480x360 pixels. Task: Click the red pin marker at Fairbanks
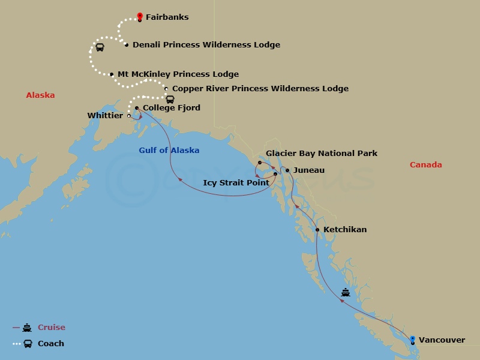140,16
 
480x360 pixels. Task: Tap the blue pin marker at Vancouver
412,340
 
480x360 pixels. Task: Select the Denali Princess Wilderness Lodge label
206,45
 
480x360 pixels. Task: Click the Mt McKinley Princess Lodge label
178,74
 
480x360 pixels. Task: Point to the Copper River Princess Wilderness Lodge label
260,89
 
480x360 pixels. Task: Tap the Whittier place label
105,115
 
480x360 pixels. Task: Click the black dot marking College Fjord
137,108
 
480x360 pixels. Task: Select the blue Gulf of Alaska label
169,151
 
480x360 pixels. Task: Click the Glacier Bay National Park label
322,154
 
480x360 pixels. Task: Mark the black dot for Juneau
287,170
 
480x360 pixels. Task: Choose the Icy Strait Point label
236,183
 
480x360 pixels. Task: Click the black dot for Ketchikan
317,230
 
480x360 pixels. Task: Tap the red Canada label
425,165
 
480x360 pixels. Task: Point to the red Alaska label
40,95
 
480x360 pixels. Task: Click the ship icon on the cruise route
346,293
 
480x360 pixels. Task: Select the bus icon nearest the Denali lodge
100,47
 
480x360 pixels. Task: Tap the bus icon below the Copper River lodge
170,100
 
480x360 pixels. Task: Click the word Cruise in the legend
51,328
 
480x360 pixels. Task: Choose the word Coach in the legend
51,344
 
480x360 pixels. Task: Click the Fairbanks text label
167,17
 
